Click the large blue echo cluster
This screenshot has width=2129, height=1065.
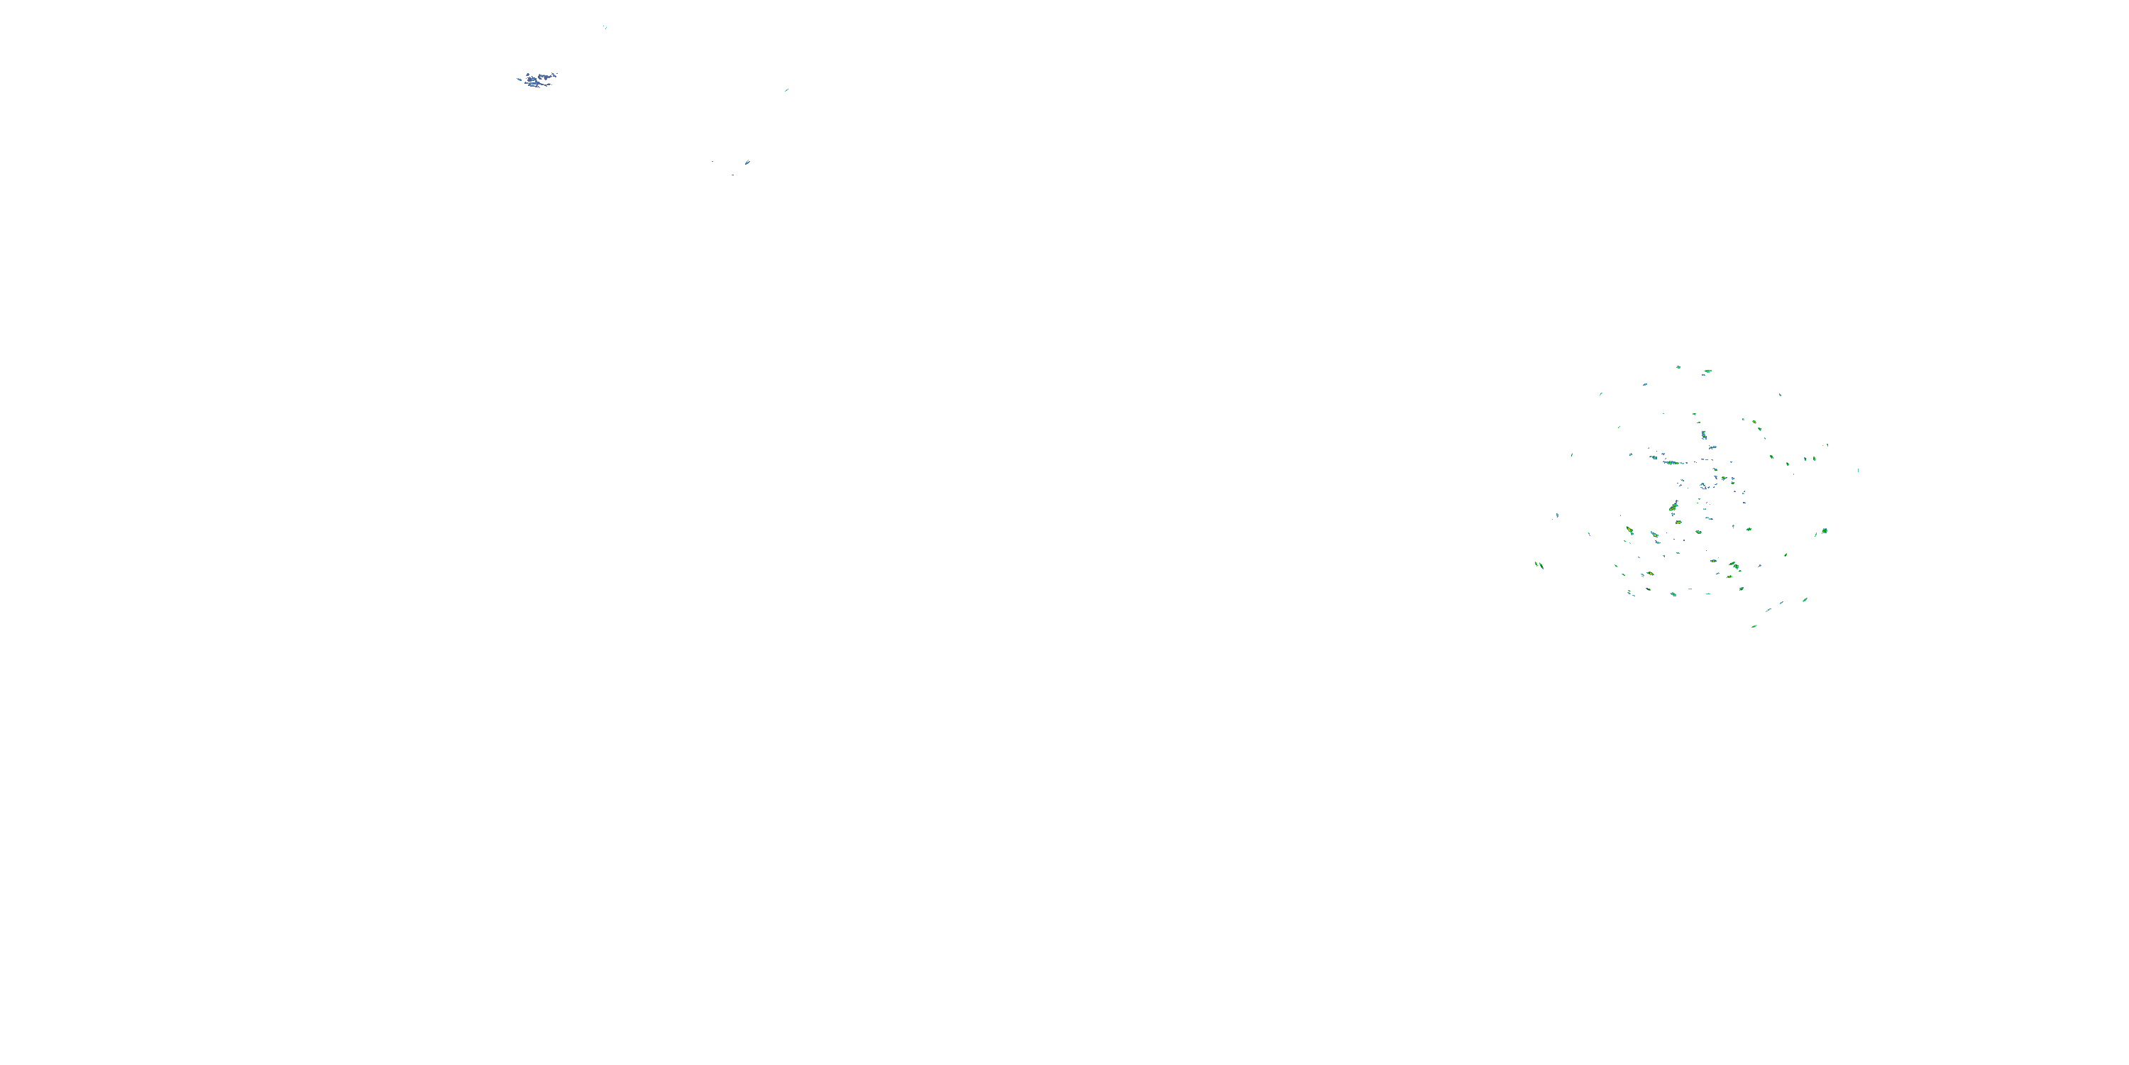[x=539, y=80]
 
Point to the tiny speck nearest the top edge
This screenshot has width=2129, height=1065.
[x=604, y=27]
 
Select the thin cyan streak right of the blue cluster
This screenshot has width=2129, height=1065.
[x=786, y=89]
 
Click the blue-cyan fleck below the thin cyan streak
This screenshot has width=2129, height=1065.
[x=747, y=162]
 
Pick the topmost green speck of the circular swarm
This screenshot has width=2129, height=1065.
[x=1678, y=366]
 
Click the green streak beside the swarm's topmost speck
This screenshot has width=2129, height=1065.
[x=1707, y=372]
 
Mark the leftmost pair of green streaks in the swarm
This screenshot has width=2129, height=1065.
[x=1539, y=566]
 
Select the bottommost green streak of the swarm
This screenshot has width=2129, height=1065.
[x=1753, y=626]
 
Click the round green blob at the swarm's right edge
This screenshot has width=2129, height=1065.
[x=1824, y=531]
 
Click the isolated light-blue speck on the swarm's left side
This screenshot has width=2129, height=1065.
[x=1557, y=516]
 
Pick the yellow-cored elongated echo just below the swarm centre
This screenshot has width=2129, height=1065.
[x=1673, y=506]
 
